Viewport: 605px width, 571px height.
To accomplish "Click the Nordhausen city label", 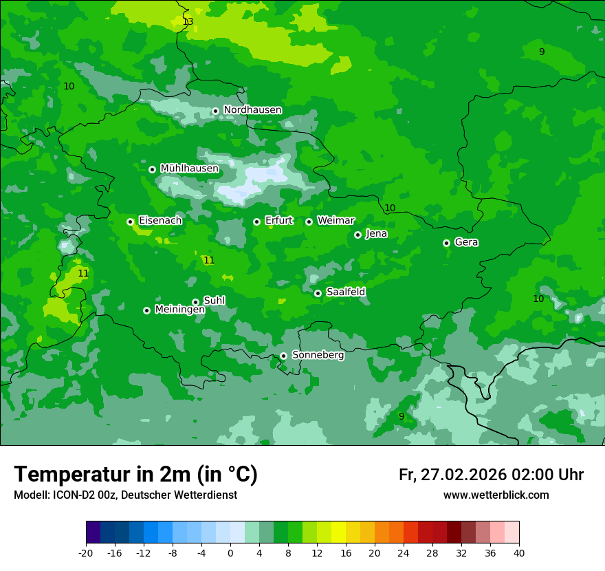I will pyautogui.click(x=252, y=110).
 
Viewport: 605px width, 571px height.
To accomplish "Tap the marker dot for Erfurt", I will pyautogui.click(x=256, y=222).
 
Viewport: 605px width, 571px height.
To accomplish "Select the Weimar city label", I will pyautogui.click(x=335, y=221).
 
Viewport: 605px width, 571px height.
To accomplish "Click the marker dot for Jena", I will pyautogui.click(x=357, y=235).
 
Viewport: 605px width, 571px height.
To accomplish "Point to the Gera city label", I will pyautogui.click(x=466, y=242).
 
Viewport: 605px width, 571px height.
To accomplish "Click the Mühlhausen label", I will pyautogui.click(x=189, y=169).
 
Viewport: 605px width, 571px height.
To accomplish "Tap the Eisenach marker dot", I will pyautogui.click(x=130, y=222).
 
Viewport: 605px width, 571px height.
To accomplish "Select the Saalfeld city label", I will pyautogui.click(x=345, y=292).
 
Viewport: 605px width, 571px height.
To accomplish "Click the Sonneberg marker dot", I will pyautogui.click(x=283, y=356).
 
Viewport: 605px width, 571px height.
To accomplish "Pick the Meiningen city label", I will pyautogui.click(x=179, y=310).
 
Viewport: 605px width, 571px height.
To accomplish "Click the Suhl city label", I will pyautogui.click(x=214, y=301).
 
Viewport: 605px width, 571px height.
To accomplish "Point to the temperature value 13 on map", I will pyautogui.click(x=188, y=22).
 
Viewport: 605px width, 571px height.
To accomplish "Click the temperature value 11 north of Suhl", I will pyautogui.click(x=209, y=261).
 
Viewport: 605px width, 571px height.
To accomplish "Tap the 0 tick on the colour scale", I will pyautogui.click(x=230, y=552).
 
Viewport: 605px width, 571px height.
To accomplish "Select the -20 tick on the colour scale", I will pyautogui.click(x=86, y=552).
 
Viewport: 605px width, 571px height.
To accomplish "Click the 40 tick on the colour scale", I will pyautogui.click(x=518, y=552).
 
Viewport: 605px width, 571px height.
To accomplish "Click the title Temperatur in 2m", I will pyautogui.click(x=136, y=474).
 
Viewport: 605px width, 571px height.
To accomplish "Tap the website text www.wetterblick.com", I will pyautogui.click(x=496, y=495).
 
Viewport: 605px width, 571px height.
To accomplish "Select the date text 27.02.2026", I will pyautogui.click(x=463, y=475).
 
